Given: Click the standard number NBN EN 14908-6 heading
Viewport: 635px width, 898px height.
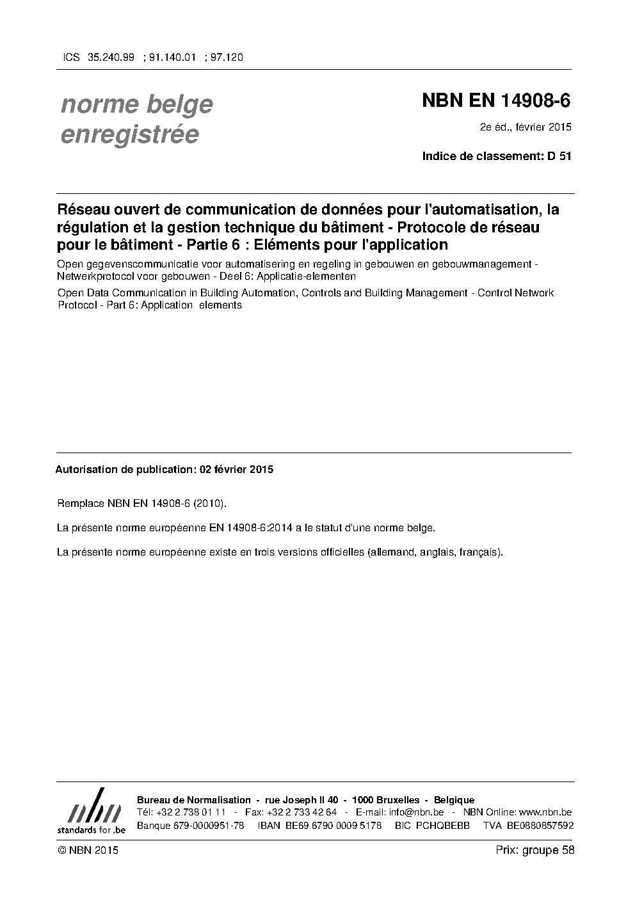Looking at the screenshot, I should coord(496,100).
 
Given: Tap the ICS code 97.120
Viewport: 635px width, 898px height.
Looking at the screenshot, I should coord(227,57).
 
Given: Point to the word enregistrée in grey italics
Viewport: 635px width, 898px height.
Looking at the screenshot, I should coord(129,134).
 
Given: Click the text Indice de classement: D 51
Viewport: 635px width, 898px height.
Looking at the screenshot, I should coord(496,156).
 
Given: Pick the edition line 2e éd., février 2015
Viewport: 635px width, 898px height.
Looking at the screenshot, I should coord(526,127).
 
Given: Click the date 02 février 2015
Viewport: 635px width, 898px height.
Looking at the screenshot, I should coord(236,469).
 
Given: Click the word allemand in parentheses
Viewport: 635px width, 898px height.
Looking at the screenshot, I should coord(391,552).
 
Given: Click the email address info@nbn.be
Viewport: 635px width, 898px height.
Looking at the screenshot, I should coord(417,812).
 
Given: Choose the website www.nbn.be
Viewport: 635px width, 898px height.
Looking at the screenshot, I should coord(545,812).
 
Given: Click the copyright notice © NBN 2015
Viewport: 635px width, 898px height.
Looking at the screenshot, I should coord(88,850).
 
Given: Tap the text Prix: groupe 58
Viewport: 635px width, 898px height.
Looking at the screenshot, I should coord(535,850).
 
